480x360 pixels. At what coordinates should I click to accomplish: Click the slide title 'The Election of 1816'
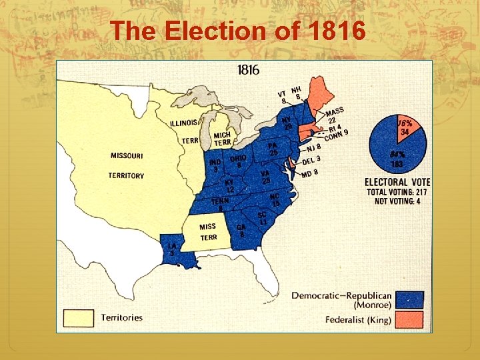[239, 31]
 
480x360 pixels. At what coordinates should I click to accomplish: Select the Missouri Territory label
[126, 165]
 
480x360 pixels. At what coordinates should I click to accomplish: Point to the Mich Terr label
[222, 139]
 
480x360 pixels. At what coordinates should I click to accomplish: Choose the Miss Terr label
[208, 232]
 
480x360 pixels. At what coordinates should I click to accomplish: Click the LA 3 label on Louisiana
[172, 249]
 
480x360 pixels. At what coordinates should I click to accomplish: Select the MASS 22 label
[335, 115]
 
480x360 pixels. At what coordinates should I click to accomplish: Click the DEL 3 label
[311, 160]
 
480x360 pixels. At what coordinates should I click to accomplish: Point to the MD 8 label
[309, 174]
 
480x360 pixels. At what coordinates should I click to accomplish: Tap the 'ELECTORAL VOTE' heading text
[397, 182]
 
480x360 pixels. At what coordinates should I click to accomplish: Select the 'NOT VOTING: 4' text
[397, 201]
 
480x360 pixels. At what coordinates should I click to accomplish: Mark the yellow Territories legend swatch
[78, 318]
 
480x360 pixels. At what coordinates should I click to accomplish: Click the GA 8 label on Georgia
[241, 230]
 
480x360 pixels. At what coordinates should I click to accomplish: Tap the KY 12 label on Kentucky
[229, 186]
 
